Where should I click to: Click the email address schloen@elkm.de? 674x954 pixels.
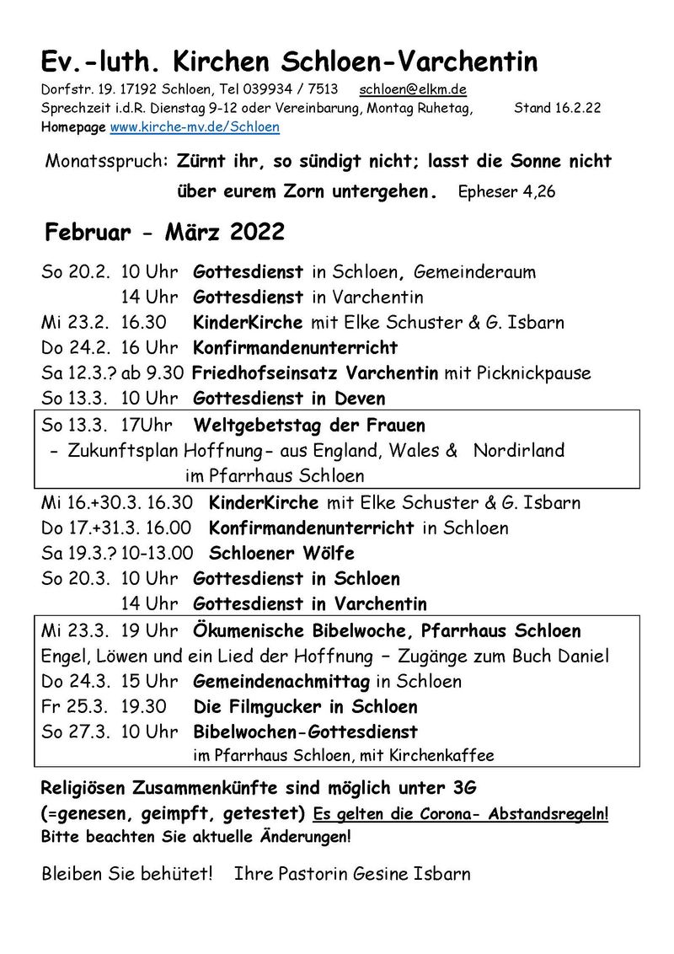click(413, 89)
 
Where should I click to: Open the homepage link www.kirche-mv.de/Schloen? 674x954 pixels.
click(195, 127)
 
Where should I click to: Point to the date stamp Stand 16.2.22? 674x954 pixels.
click(557, 108)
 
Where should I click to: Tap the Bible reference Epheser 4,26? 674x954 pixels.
click(506, 191)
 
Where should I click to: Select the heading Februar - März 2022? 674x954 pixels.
click(165, 231)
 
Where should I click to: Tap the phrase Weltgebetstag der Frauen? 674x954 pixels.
click(309, 426)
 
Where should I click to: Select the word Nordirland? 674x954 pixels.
click(519, 451)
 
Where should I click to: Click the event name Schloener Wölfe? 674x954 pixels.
click(281, 554)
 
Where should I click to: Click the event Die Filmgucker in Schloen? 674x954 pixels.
click(305, 706)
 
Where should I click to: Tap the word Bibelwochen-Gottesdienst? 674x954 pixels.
click(305, 732)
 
